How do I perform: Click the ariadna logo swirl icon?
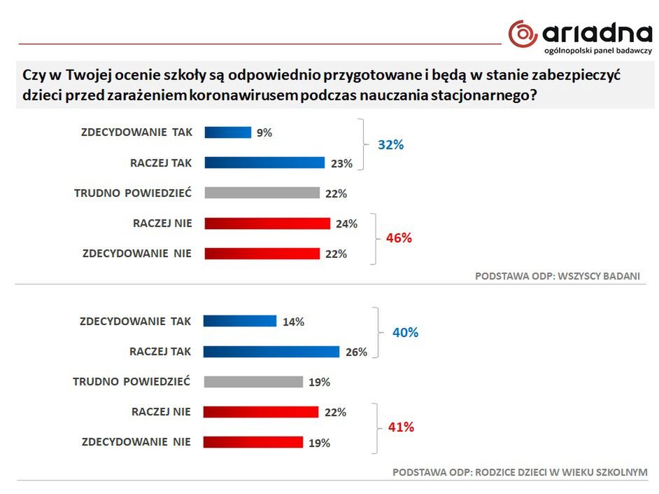[523, 33]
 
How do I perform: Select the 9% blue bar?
[227, 132]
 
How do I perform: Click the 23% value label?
[341, 163]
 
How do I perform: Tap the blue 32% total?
[391, 145]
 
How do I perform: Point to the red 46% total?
[399, 238]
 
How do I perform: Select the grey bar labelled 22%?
[261, 193]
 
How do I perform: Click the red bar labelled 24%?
[267, 224]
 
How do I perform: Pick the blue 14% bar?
[240, 321]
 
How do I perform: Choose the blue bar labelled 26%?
[271, 351]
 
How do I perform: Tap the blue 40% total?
[405, 333]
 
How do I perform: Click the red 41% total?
[401, 427]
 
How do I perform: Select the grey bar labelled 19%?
[253, 382]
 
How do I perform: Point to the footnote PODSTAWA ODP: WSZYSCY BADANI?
[557, 276]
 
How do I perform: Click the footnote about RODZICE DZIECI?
[520, 472]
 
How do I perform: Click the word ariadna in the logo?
[596, 32]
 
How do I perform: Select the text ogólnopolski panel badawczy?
[597, 51]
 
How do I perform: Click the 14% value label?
[293, 322]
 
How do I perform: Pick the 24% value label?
[346, 224]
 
